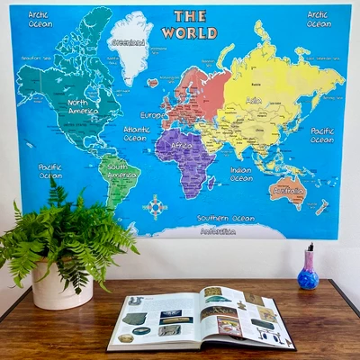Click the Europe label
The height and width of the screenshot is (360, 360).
coord(152,115)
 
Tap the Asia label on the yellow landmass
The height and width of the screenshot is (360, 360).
coord(255,100)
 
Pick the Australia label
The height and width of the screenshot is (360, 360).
coord(288,191)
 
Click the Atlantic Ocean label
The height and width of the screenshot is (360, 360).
coord(136,134)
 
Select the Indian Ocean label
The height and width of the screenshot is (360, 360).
coord(240,173)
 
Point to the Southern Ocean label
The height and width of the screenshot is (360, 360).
coord(226,218)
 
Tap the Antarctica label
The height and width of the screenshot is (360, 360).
coord(217,230)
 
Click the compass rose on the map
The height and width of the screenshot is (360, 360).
coord(156,207)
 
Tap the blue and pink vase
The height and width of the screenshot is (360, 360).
coord(308,270)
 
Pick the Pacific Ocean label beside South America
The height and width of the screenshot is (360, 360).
coord(50,171)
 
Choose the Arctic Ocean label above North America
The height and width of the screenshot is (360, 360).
coord(39,19)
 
